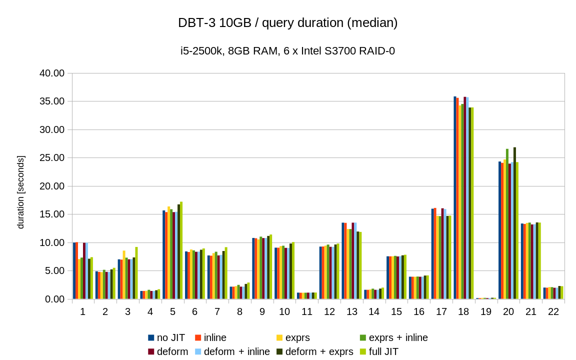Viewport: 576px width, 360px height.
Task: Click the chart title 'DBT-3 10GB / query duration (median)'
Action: (287, 23)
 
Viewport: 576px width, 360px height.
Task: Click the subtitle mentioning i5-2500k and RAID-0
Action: (287, 51)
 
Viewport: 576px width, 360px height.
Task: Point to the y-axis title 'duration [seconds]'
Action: (20, 192)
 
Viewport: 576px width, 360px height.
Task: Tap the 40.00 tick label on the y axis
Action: (52, 73)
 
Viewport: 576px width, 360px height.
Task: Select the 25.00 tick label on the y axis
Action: (52, 158)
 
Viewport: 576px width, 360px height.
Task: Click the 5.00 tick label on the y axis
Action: (54, 271)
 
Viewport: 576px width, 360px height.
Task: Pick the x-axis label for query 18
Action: (463, 311)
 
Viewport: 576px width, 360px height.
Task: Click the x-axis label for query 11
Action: (307, 311)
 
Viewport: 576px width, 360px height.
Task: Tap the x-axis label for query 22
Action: (553, 311)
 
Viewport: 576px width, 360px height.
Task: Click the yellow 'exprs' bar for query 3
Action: (124, 274)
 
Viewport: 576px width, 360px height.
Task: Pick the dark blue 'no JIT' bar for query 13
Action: (343, 260)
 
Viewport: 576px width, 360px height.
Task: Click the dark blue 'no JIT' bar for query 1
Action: (74, 270)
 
